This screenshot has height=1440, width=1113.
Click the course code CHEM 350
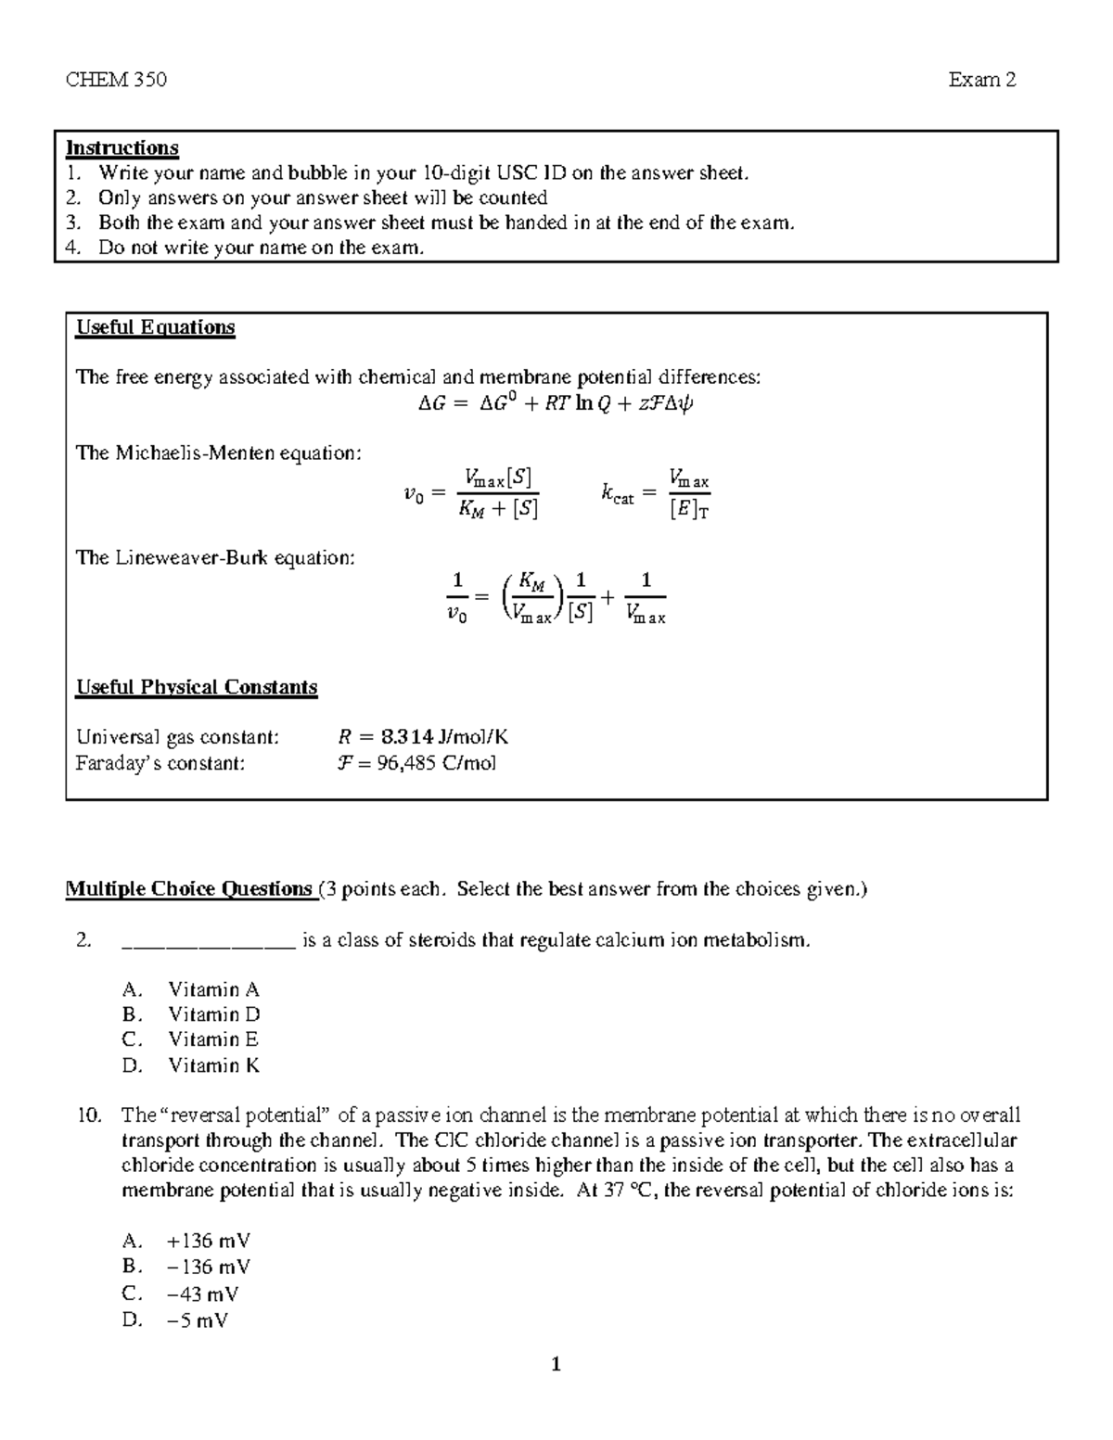(x=116, y=80)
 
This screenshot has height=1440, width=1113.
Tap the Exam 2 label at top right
(x=982, y=80)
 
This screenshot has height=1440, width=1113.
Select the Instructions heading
(x=122, y=148)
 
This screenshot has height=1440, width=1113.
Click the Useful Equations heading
(x=155, y=327)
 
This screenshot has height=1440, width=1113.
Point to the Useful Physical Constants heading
(x=197, y=687)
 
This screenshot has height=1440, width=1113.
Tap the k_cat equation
(x=655, y=492)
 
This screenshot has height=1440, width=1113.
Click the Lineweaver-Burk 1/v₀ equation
(x=556, y=598)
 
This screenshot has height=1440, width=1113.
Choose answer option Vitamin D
(x=213, y=1014)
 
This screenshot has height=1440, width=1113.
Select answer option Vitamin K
(x=213, y=1065)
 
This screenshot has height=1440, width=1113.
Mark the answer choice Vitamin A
(x=213, y=989)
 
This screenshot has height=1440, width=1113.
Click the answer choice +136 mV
(x=208, y=1241)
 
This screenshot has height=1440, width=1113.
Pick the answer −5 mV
(x=197, y=1320)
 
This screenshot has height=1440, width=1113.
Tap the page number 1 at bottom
(x=556, y=1364)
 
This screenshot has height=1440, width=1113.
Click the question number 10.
(x=89, y=1115)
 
